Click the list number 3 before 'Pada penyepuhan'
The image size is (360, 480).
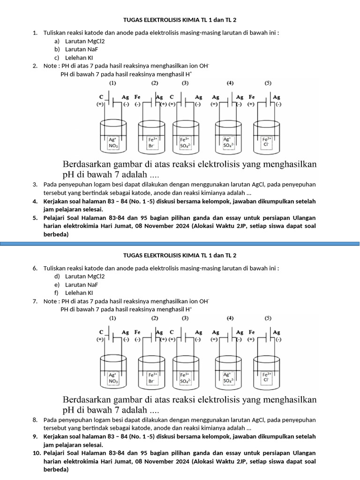tap(35, 185)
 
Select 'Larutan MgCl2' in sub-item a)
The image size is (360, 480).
tap(85, 41)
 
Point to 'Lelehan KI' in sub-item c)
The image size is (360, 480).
tap(79, 58)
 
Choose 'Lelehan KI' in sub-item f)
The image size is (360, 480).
tap(79, 293)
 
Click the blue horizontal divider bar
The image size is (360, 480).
tap(180, 243)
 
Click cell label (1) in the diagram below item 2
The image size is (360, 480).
tap(112, 83)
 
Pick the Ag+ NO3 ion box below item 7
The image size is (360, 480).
tap(113, 378)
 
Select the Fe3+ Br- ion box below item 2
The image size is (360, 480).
tap(152, 142)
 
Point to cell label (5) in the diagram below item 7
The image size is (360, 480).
tap(268, 318)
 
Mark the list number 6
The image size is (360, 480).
tap(35, 268)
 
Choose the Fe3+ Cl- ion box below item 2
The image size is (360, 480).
tap(266, 142)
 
